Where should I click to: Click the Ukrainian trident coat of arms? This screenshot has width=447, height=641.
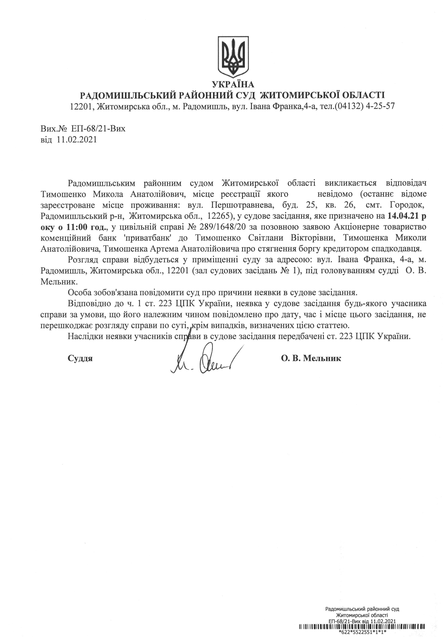pos(233,57)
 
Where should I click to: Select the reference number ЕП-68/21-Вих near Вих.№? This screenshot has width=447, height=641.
pos(98,129)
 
